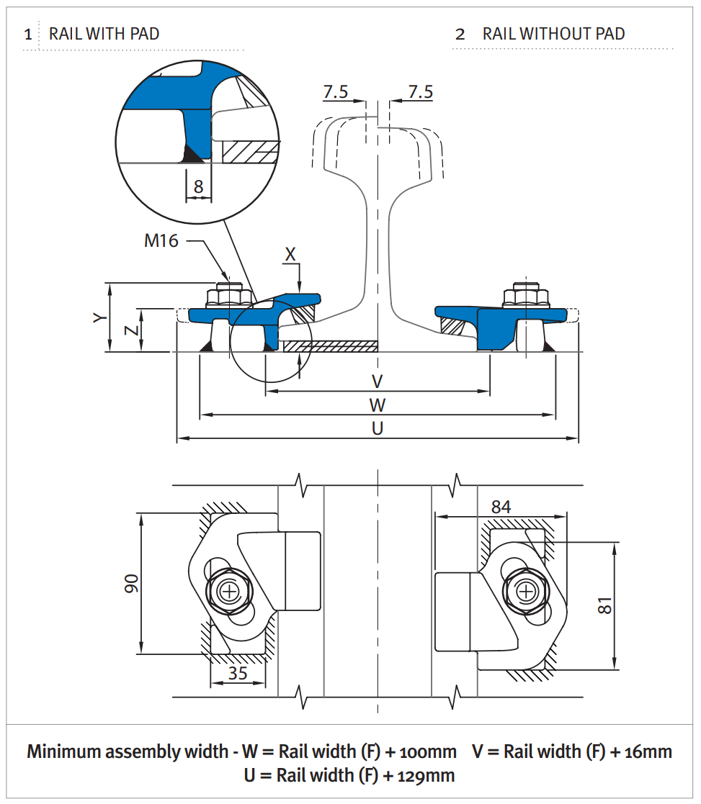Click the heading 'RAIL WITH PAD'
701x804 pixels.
[x=104, y=34]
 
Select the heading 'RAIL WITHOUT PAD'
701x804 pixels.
[x=553, y=34]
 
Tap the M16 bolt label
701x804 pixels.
[x=161, y=240]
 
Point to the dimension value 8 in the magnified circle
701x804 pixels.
[x=198, y=187]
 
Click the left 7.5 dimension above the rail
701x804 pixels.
[x=336, y=92]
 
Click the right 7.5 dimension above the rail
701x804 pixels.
[x=421, y=92]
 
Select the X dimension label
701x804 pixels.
[x=290, y=254]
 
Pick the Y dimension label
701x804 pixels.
[x=99, y=317]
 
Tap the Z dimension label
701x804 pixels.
[x=130, y=330]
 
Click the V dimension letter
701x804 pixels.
[x=377, y=381]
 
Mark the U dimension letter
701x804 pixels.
[x=377, y=428]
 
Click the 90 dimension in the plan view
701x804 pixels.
[x=131, y=584]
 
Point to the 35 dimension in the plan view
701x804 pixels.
[x=238, y=674]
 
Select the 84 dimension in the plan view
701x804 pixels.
[x=501, y=507]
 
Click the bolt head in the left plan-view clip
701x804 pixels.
[x=230, y=592]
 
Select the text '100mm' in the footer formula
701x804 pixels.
[x=430, y=752]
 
